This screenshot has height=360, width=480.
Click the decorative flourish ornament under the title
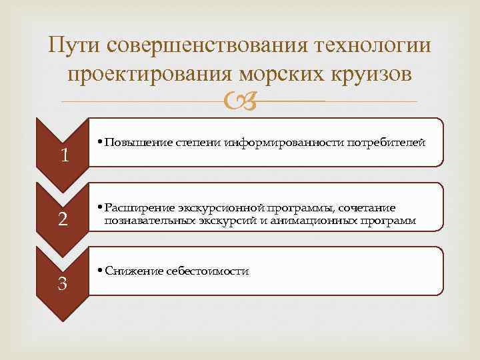pyautogui.click(x=239, y=102)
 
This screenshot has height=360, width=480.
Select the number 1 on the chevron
pyautogui.click(x=64, y=156)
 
